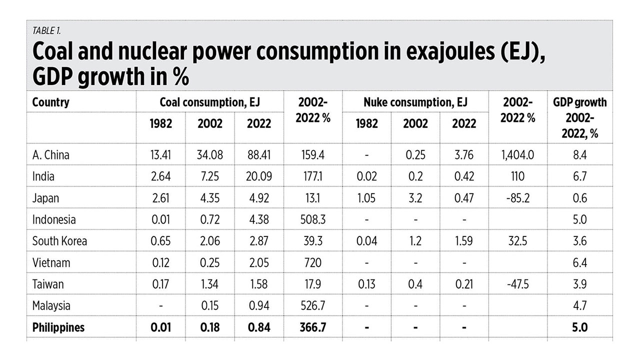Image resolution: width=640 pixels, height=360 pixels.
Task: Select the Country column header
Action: pyautogui.click(x=50, y=102)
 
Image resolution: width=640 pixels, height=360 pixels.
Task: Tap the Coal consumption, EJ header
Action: pyautogui.click(x=209, y=102)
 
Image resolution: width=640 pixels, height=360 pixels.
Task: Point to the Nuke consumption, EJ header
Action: pyautogui.click(x=415, y=102)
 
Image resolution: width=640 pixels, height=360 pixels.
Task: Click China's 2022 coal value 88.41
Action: pyautogui.click(x=258, y=155)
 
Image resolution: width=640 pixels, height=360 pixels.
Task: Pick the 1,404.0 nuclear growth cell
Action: pyautogui.click(x=517, y=155)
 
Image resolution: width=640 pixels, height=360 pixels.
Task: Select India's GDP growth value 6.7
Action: pyautogui.click(x=580, y=176)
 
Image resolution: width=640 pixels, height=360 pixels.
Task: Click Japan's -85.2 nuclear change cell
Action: pyautogui.click(x=517, y=198)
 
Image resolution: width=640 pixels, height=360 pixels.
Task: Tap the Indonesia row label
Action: pyautogui.click(x=54, y=219)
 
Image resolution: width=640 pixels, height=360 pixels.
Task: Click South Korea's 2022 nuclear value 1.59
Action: pyautogui.click(x=464, y=241)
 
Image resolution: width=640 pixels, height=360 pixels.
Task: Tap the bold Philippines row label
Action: pyautogui.click(x=58, y=327)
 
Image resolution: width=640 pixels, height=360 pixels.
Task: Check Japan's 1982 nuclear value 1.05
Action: pyautogui.click(x=366, y=198)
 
